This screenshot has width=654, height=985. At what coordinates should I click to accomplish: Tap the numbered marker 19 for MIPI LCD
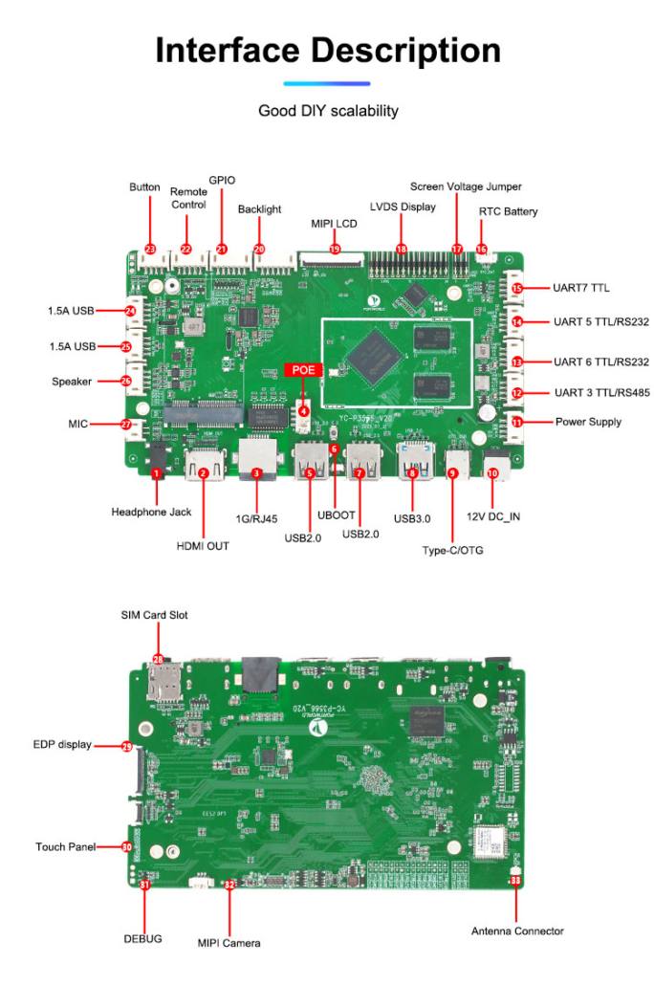pyautogui.click(x=335, y=249)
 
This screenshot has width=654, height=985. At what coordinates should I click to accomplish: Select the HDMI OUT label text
pyautogui.click(x=203, y=546)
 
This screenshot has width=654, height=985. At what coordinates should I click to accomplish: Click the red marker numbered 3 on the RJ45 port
pyautogui.click(x=256, y=472)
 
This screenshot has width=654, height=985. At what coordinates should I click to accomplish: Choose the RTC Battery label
pyautogui.click(x=508, y=211)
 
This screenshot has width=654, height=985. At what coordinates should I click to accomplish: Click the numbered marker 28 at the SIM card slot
pyautogui.click(x=158, y=659)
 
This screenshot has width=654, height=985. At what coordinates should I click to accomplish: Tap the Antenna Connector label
pyautogui.click(x=517, y=930)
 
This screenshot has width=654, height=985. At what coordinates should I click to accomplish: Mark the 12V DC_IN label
pyautogui.click(x=495, y=516)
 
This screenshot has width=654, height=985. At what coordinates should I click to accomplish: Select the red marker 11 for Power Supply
pyautogui.click(x=516, y=422)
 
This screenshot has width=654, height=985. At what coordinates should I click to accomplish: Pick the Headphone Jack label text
pyautogui.click(x=151, y=513)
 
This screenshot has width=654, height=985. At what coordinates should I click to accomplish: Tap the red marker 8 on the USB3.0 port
pyautogui.click(x=412, y=472)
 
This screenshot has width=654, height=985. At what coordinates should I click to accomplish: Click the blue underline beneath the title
pyautogui.click(x=327, y=83)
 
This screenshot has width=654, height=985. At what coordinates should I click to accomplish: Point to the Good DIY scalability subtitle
pyautogui.click(x=327, y=111)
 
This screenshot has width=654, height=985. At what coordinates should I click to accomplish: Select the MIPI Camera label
pyautogui.click(x=229, y=943)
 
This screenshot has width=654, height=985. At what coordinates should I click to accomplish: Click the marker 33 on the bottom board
pyautogui.click(x=515, y=880)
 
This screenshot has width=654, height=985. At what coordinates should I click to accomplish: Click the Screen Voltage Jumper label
pyautogui.click(x=466, y=186)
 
